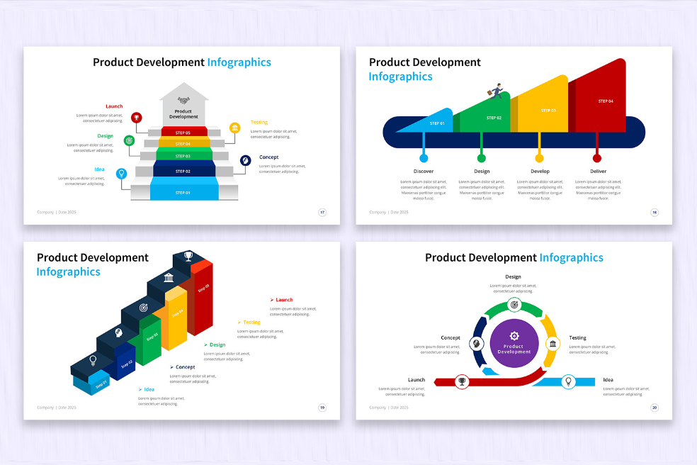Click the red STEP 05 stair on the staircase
pos(183,132)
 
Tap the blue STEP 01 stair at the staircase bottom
pos(183,191)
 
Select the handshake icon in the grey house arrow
pos(183,101)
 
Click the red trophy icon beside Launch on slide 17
pos(136,118)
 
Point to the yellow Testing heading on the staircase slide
pos(259,122)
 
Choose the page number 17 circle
pos(322,212)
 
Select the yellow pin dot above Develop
pos(539,157)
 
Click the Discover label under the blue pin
pos(424,172)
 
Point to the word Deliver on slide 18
pos(598,172)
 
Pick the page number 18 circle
pos(654,212)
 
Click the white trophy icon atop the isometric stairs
pos(188,255)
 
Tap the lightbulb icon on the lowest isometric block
pos(93,359)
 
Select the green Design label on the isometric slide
pos(217,344)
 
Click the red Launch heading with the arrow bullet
pos(283,300)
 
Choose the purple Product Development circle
pos(514,343)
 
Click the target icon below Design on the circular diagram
pos(514,305)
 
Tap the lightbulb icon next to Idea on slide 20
pos(567,381)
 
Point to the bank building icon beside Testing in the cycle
pos(552,344)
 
